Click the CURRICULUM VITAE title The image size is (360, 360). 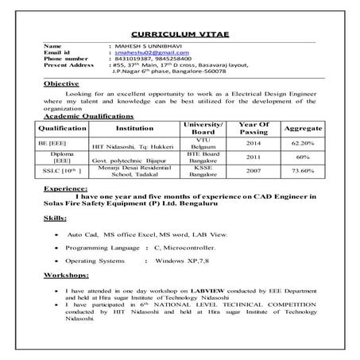tap(179, 37)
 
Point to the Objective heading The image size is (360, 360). tap(60, 104)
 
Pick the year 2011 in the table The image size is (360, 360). tap(253, 180)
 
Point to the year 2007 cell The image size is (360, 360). tap(253, 193)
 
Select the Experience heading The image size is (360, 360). tap(67, 213)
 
